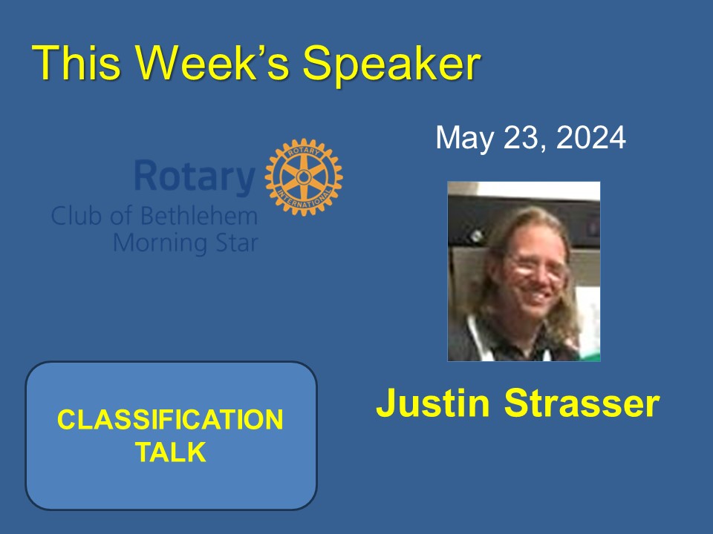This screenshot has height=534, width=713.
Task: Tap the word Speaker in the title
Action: [392, 64]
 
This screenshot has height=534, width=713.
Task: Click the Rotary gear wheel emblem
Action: [303, 177]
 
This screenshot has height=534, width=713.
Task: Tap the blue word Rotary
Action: [195, 177]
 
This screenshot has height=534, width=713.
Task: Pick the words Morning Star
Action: [185, 242]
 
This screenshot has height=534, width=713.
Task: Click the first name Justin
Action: [433, 403]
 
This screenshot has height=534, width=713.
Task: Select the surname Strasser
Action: [582, 403]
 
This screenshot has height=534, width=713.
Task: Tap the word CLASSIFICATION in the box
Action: [171, 420]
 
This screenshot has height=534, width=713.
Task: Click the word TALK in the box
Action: [171, 452]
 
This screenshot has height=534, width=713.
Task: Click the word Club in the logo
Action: [74, 217]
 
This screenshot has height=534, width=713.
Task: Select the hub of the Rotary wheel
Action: [303, 177]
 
